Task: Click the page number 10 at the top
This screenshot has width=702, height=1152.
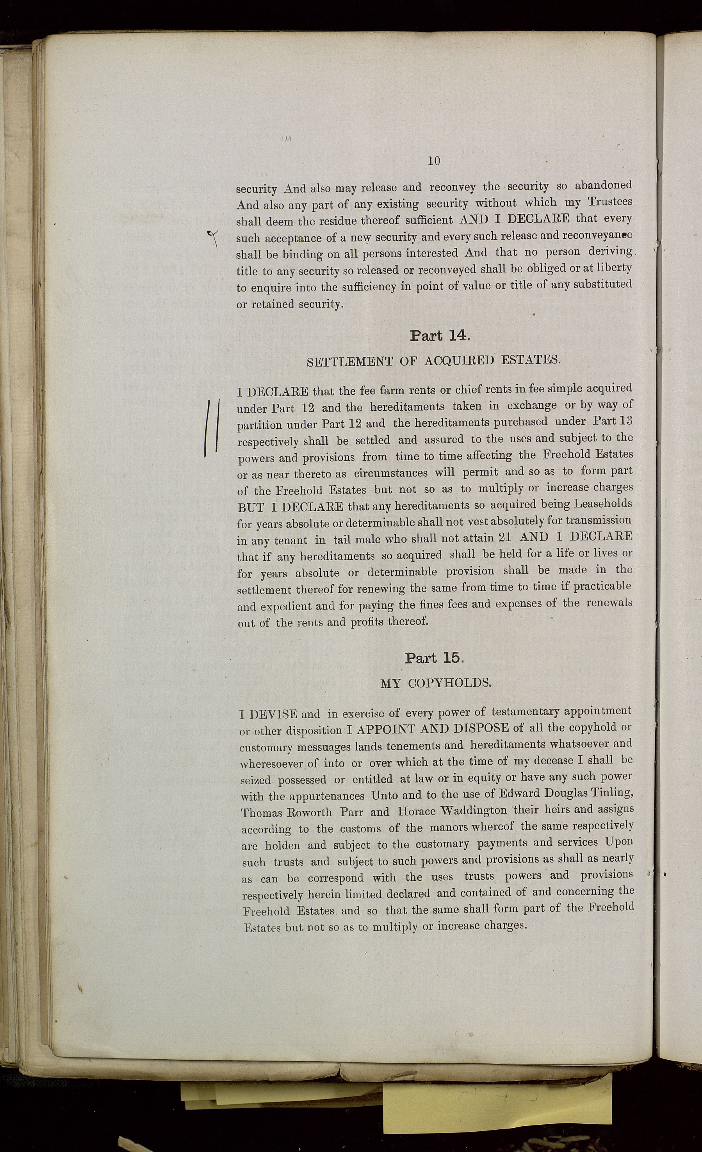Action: (x=433, y=161)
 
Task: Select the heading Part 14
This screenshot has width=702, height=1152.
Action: (x=439, y=336)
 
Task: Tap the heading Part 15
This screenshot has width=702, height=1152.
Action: (x=434, y=658)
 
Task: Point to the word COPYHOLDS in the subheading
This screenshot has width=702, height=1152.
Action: (x=450, y=683)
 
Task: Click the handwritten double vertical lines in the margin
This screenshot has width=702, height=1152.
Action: (x=212, y=426)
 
